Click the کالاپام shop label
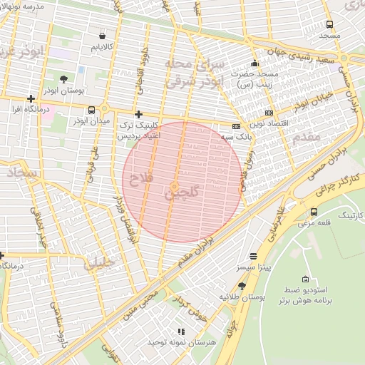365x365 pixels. coord(103,47)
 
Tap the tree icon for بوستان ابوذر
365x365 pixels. coord(64,79)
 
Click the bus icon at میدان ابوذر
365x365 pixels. coord(91,110)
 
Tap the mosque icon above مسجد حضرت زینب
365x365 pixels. coord(255,63)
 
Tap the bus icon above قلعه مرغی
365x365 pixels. coord(314,212)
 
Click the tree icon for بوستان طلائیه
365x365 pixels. coord(242,286)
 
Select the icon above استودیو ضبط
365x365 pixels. coord(306,279)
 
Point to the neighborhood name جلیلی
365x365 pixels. coord(98,262)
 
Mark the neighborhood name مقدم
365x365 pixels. coord(309,137)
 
